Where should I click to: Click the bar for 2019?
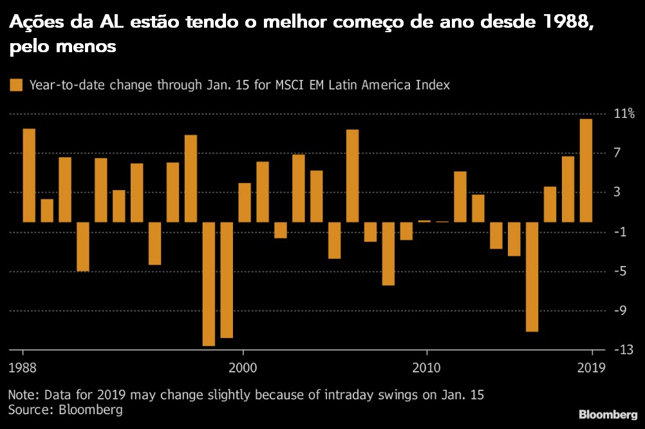tap(585, 171)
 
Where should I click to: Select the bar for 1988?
tap(29, 175)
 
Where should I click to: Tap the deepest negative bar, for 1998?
tap(209, 283)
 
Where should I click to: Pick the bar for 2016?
tap(532, 276)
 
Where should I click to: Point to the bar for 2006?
tap(352, 176)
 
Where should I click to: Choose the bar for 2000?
tap(245, 202)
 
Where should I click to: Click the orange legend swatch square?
tap(15, 85)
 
